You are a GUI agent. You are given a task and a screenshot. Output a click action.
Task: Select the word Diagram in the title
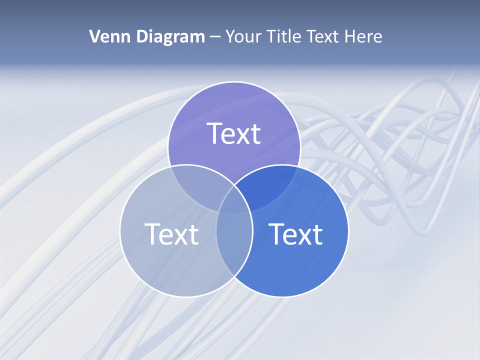(169, 36)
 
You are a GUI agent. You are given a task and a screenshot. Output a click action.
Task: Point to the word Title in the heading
(283, 36)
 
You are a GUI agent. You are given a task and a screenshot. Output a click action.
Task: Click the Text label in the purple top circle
(233, 133)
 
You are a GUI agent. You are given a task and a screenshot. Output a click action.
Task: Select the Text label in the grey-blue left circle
(171, 233)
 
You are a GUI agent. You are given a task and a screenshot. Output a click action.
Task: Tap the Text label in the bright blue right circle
(295, 233)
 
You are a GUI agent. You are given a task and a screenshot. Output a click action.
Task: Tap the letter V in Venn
(95, 36)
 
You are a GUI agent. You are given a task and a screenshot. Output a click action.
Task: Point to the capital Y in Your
(230, 36)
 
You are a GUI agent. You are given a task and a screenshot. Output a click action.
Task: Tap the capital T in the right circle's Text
(276, 233)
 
